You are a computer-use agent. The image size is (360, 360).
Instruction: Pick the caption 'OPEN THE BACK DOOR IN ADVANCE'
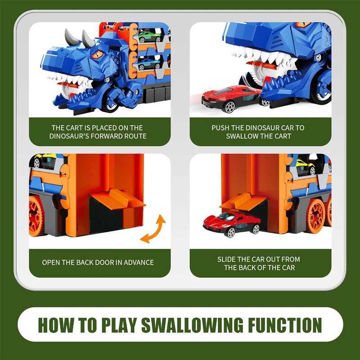(98, 262)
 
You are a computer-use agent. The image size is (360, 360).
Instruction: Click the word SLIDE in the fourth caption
(228, 259)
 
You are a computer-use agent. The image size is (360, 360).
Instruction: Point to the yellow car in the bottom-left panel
(43, 161)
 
